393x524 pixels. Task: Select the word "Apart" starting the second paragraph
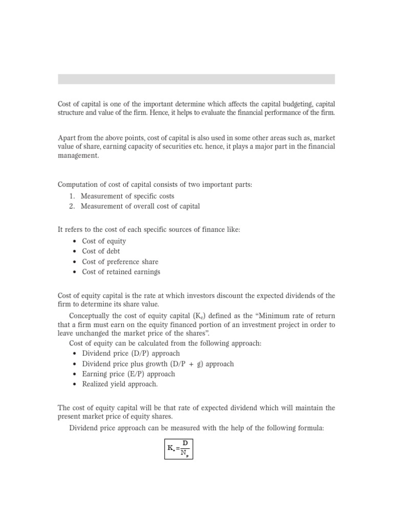67,138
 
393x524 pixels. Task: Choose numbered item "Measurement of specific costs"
127,196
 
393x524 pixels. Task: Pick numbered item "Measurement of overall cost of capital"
140,206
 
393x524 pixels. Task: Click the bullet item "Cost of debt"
101,251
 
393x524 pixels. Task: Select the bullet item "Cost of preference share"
120,261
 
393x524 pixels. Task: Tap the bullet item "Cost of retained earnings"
121,272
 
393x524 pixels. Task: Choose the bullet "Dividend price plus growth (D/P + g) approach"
158,364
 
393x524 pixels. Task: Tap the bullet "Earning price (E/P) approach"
128,374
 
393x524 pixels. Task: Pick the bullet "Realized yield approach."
120,384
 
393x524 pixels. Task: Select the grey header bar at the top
196,79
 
